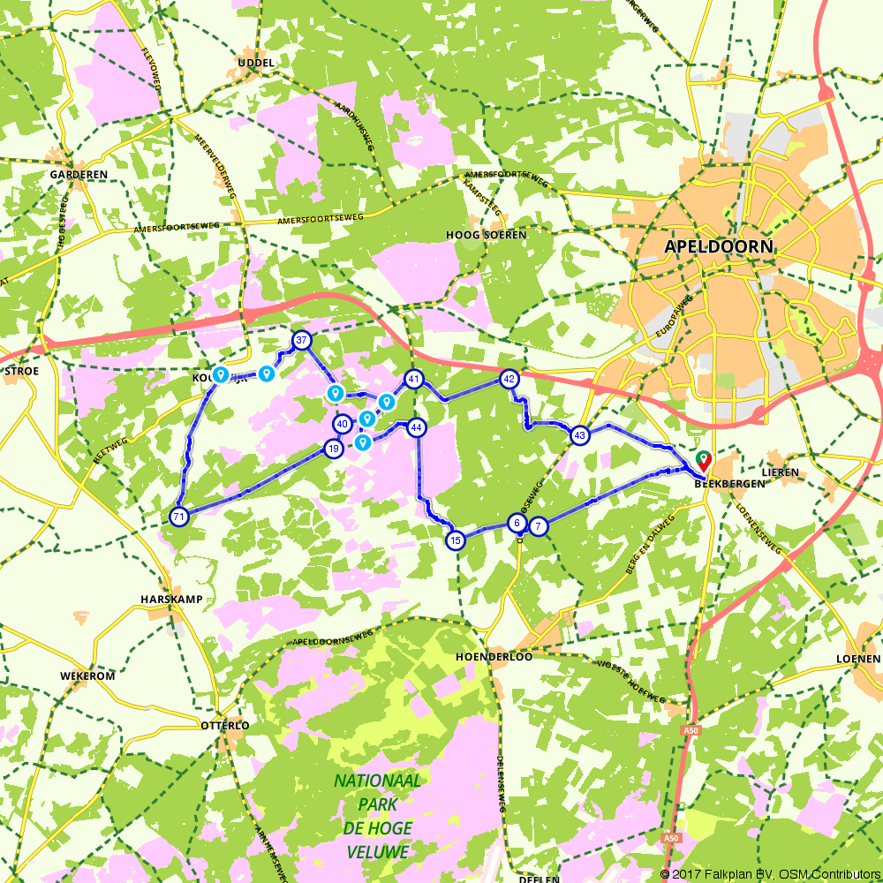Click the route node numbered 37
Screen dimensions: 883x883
[x=302, y=341]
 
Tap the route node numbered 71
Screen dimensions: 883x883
[x=179, y=517]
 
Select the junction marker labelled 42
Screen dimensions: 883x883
[x=509, y=379]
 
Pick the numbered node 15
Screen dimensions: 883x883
[x=456, y=540]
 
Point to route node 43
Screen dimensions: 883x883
[x=579, y=435]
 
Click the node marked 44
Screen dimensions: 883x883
[x=417, y=427]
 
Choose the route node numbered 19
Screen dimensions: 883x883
[x=333, y=449]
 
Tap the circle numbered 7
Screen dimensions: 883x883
[x=538, y=527]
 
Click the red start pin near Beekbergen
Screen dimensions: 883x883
[x=704, y=460]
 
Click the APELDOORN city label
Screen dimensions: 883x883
[x=719, y=246]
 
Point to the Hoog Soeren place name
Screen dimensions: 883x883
[x=486, y=235]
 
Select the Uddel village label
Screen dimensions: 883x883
[x=256, y=63]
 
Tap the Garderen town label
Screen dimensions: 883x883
[x=79, y=175]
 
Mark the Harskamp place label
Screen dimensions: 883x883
[x=171, y=600]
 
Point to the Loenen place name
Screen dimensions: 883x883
[x=860, y=659]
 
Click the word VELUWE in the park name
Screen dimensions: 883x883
[x=377, y=852]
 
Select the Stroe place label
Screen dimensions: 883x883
[x=22, y=371]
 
